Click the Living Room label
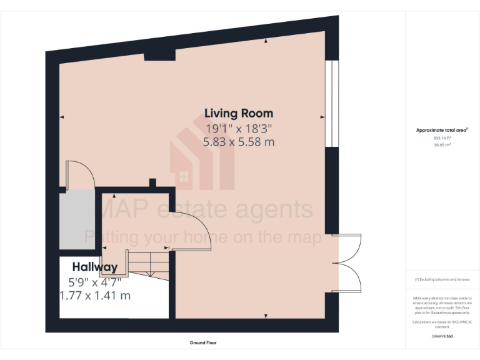point(239,113)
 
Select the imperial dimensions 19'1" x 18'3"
point(239,128)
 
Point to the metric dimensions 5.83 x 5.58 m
point(239,142)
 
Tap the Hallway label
point(94,267)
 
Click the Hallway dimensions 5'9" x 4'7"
point(94,282)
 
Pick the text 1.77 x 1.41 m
point(95,296)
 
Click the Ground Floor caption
point(203,342)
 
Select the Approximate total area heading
point(442,130)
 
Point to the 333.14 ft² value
point(442,137)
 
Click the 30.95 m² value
point(442,144)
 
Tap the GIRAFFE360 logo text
point(442,336)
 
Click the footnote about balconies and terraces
point(442,279)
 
